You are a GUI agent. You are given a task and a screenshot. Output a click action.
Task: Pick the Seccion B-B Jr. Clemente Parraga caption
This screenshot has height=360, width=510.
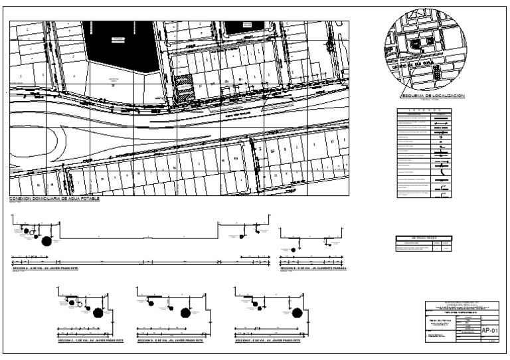[x=313, y=268]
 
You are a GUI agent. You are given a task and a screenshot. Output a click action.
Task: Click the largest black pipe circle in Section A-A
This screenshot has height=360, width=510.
[x=46, y=240]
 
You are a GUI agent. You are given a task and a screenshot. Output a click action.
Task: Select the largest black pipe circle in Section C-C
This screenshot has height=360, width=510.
[x=98, y=312]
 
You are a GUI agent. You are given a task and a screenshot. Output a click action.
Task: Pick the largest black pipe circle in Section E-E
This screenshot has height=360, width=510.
[x=296, y=312]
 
